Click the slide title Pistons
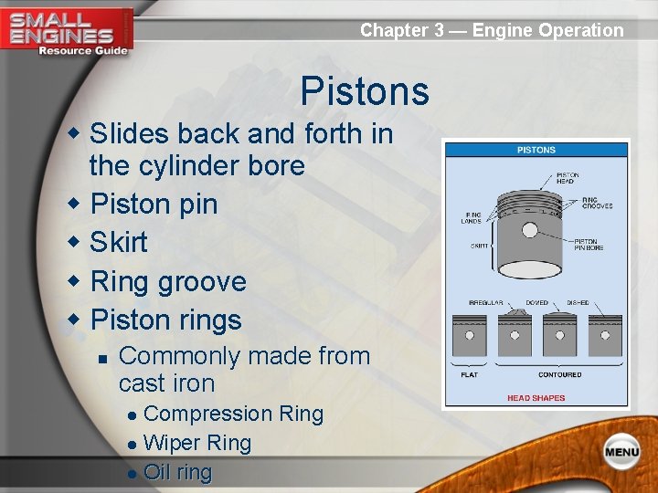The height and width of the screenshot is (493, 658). pos(364,92)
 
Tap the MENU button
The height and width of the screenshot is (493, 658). pos(621,451)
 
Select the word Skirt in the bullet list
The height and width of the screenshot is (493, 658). pos(118,242)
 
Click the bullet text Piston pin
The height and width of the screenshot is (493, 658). pos(154,204)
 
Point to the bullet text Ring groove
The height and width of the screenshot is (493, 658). pos(168,281)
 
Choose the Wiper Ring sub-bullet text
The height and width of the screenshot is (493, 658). pos(197,444)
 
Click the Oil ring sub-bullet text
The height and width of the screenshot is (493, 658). pos(177,473)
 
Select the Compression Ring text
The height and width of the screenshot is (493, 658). pos(234,414)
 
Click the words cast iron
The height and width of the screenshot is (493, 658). pos(166,383)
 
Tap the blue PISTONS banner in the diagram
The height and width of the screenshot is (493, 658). pos(536,150)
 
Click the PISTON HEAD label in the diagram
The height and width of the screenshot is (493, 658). pos(567,178)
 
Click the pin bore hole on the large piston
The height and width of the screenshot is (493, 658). pos(529,229)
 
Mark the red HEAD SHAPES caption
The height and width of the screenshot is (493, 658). pos(536,398)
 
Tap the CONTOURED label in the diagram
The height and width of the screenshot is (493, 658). pos(559,375)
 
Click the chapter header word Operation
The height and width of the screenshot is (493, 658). pos(580,30)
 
